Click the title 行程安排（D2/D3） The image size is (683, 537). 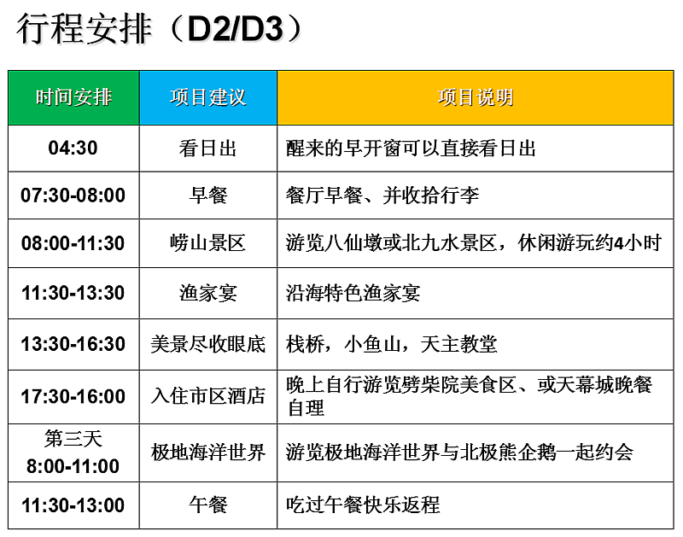coord(160,29)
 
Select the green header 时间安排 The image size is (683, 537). coord(73,97)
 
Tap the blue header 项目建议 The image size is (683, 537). coord(208,97)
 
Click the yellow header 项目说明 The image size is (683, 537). coord(476,97)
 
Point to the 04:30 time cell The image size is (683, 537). coord(73,148)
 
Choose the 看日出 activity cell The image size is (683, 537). coord(207,148)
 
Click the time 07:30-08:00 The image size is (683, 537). coord(73,196)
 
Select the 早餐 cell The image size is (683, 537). coord(208,196)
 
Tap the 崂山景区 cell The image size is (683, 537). coord(207,243)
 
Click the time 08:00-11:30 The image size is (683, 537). coord(73,243)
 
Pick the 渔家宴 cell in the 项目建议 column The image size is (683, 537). coord(208,293)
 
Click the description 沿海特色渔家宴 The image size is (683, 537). coord(353,293)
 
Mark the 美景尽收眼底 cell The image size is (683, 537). coord(208,344)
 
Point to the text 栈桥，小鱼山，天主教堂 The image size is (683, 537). coord(391,344)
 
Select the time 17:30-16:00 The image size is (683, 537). coord(73,396)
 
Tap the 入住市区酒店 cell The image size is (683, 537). coord(208,396)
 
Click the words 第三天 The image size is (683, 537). coord(73,439)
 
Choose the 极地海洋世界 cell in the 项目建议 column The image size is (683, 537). coord(208,452)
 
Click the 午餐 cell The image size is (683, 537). coord(208,505)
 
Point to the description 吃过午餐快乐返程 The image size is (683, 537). coord(363,505)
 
